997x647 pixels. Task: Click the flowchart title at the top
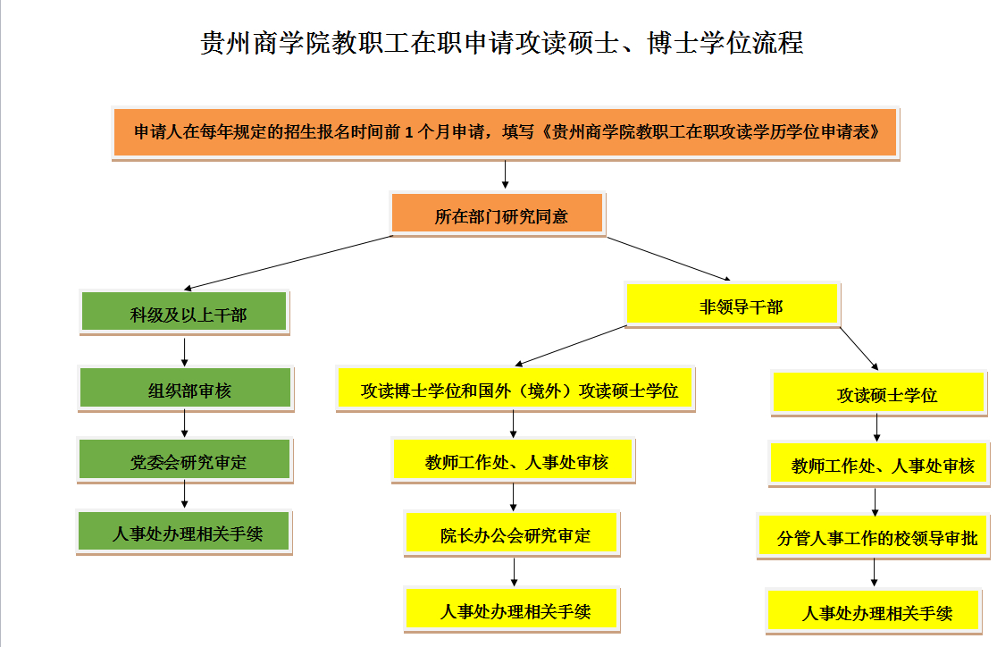[502, 43]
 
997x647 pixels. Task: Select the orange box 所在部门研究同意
[498, 214]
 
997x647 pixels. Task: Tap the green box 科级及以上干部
[184, 313]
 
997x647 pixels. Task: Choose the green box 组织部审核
[186, 388]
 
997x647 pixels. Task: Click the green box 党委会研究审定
[185, 460]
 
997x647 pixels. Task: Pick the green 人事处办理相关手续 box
[184, 532]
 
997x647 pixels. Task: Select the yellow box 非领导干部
[733, 305]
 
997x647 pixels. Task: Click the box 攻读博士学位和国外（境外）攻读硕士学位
[515, 389]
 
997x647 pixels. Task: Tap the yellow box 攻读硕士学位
[879, 393]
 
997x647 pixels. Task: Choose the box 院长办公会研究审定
[512, 534]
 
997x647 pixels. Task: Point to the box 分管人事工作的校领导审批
[875, 537]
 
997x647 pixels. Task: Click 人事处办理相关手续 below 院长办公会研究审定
[512, 609]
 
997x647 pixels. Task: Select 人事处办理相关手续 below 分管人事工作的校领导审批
[875, 612]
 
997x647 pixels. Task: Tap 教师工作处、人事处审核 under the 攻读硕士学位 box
[879, 465]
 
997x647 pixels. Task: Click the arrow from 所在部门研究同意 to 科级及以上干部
[288, 263]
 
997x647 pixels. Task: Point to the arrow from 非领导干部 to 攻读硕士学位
[859, 349]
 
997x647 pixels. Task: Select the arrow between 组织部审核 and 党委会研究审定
[184, 424]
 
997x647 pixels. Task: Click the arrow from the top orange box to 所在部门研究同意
[506, 174]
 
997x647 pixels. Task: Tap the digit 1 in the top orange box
[409, 132]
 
